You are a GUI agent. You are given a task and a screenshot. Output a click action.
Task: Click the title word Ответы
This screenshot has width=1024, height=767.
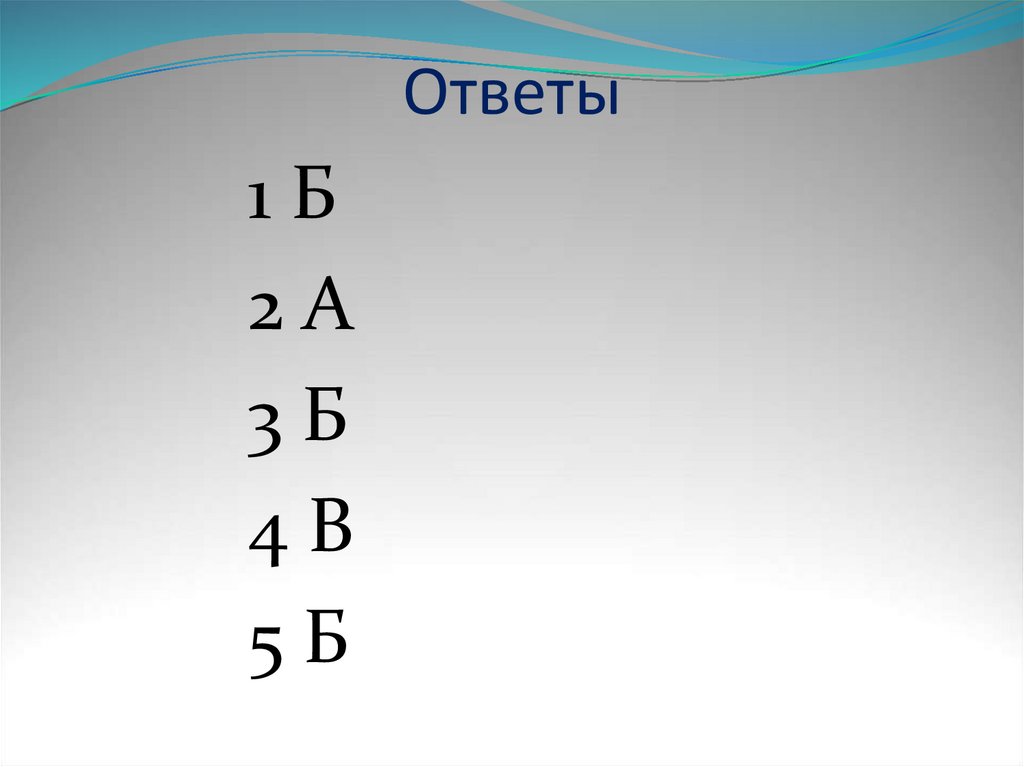511,97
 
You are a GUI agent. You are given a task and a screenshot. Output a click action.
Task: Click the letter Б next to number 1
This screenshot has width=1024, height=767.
313,198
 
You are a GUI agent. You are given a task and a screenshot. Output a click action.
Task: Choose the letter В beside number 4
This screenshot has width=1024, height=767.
331,530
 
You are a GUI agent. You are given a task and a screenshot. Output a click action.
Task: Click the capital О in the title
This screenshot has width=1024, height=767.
425,97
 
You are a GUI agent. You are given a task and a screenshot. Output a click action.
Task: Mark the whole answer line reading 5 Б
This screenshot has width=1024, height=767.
297,645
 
